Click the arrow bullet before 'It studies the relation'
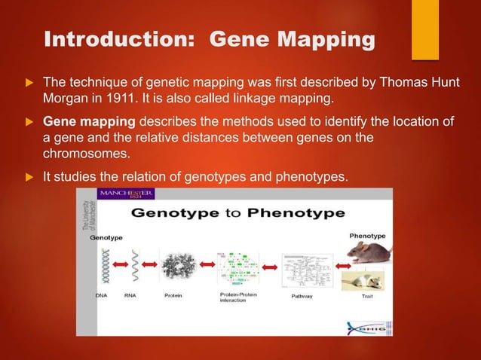pos(29,178)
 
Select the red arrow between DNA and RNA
pos(118,264)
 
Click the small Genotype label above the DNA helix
pos(107,236)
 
